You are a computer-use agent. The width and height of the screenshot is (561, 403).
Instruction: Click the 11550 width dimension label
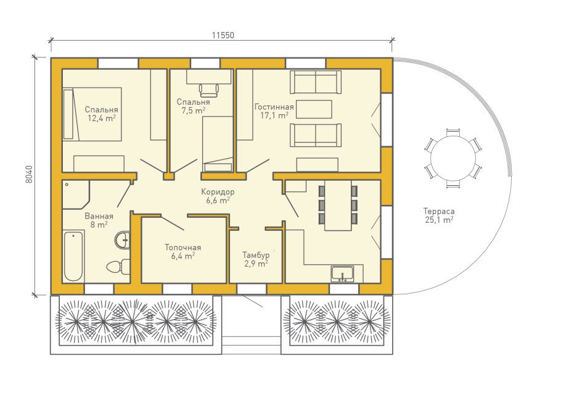[x=223, y=35]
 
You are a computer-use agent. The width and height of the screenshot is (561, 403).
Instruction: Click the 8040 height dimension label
[x=29, y=174]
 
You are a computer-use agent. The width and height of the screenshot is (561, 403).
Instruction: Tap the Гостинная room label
[x=274, y=107]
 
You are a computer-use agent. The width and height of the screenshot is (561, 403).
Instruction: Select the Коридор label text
[x=218, y=192]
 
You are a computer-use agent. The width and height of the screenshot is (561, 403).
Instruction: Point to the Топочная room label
[x=183, y=247]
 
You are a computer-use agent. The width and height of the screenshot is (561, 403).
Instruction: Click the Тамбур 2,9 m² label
[x=256, y=259]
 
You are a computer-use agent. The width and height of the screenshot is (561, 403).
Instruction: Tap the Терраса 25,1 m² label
[x=439, y=215]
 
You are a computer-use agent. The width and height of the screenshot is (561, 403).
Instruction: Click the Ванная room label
[x=99, y=216]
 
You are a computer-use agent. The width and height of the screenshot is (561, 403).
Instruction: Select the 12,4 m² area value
[x=102, y=118]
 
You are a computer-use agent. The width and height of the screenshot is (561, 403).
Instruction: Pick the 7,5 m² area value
[x=193, y=110]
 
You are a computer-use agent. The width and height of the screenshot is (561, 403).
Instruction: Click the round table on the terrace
[x=453, y=158]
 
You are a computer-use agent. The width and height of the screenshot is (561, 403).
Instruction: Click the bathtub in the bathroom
[x=73, y=256]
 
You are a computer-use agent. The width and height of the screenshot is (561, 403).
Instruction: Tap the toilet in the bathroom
[x=118, y=267]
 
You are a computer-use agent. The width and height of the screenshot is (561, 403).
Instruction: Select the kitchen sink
[x=342, y=273]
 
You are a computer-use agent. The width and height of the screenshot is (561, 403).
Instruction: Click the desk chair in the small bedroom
[x=209, y=90]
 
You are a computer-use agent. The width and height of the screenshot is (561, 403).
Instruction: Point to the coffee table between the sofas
[x=314, y=109]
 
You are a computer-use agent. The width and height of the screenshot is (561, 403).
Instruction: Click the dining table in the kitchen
[x=338, y=206]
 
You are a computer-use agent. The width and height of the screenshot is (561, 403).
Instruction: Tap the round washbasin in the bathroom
[x=123, y=239]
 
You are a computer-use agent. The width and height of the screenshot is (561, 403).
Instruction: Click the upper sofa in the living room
[x=316, y=82]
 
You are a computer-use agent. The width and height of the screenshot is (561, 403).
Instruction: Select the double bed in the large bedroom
[x=92, y=114]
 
